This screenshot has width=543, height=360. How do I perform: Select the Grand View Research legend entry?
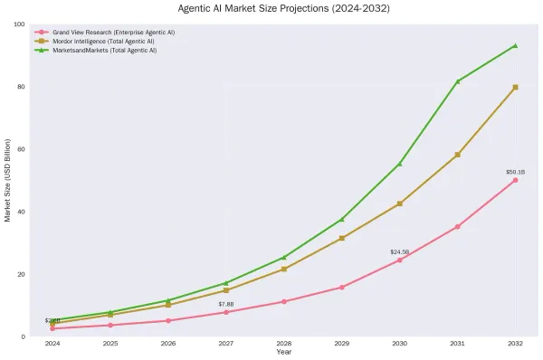113,32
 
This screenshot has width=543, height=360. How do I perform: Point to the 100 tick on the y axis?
19,24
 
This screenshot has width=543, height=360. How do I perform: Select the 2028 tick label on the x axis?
283,344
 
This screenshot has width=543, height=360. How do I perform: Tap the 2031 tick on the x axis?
457,344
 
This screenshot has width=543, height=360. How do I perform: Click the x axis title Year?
283,352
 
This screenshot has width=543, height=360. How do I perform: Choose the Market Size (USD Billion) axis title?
7,180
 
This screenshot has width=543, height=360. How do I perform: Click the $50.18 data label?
515,172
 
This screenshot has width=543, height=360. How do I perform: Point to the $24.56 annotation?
399,251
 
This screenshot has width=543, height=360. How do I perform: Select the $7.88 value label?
225,304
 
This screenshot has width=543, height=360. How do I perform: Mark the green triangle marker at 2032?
515,45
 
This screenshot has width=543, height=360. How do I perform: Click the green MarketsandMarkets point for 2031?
457,81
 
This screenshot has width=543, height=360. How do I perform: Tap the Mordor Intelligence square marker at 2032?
515,87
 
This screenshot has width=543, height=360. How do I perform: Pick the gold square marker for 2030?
399,204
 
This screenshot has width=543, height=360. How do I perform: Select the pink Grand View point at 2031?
457,226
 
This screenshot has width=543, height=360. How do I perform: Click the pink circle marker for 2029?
341,288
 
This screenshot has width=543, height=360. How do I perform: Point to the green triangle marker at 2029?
341,220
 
